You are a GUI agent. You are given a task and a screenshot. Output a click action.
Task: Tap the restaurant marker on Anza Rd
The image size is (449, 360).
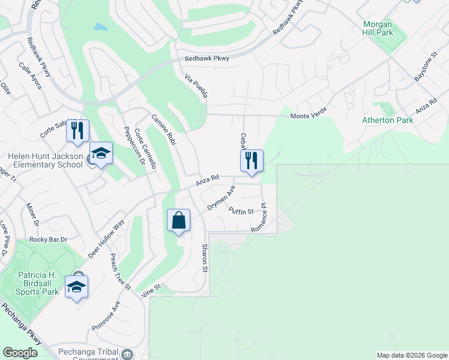pyautogui.click(x=252, y=161)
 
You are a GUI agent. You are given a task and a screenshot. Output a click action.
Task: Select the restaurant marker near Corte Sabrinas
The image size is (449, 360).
pyautogui.click(x=77, y=131)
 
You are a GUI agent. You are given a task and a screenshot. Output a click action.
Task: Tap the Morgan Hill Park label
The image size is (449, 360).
pyautogui.click(x=378, y=28)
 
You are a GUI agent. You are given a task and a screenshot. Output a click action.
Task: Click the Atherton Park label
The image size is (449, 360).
pyautogui.click(x=388, y=120)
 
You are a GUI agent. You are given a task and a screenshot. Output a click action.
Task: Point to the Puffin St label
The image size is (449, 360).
pyautogui.click(x=241, y=210)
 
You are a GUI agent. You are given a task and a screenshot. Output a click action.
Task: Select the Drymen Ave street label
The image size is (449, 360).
pyautogui.click(x=221, y=198)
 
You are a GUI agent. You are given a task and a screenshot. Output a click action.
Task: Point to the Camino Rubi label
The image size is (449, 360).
pyautogui.click(x=163, y=128)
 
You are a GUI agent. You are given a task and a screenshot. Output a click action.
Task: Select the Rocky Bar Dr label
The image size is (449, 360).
pyautogui.click(x=48, y=239)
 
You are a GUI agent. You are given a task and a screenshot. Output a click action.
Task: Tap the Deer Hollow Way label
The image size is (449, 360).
pyautogui.click(x=106, y=239)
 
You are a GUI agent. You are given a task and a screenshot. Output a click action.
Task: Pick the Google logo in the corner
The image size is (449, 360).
pyautogui.click(x=20, y=353)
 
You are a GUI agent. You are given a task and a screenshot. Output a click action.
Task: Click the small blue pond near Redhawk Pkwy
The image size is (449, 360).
pyautogui.click(x=100, y=27)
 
